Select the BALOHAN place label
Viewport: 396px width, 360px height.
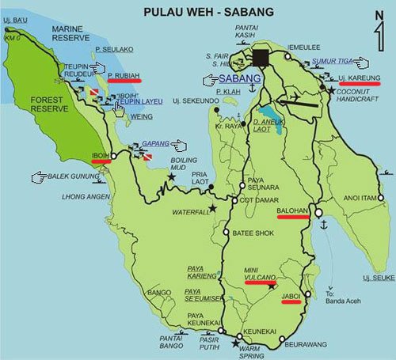point(295,211)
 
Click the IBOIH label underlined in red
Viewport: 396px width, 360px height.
point(101,154)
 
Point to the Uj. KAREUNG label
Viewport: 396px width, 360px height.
point(360,78)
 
